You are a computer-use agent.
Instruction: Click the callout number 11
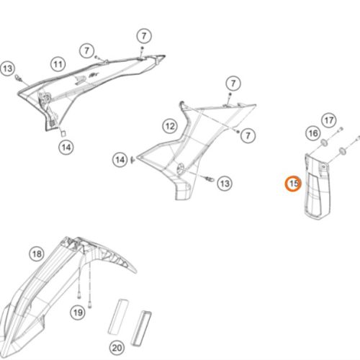pyautogui.click(x=58, y=64)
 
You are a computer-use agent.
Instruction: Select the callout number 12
pyautogui.click(x=170, y=126)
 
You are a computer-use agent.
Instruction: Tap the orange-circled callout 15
pyautogui.click(x=293, y=184)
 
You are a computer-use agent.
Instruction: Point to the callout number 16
pyautogui.click(x=313, y=133)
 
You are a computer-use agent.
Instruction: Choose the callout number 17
pyautogui.click(x=329, y=120)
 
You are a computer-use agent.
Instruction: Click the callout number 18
pyautogui.click(x=37, y=254)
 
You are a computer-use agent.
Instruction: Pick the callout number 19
pyautogui.click(x=78, y=312)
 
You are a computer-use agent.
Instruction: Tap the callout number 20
pyautogui.click(x=117, y=348)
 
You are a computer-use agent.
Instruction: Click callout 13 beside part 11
pyautogui.click(x=7, y=68)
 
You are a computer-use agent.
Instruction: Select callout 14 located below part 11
pyautogui.click(x=66, y=147)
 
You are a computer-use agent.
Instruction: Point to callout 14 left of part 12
pyautogui.click(x=120, y=160)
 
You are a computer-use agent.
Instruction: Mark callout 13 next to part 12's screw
pyautogui.click(x=225, y=184)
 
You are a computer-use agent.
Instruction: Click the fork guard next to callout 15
pyautogui.click(x=318, y=186)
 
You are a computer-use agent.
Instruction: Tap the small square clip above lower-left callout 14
pyautogui.click(x=63, y=133)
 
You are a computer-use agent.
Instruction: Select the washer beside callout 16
pyautogui.click(x=325, y=143)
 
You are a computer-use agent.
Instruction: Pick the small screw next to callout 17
pyautogui.click(x=341, y=130)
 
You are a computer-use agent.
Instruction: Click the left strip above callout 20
pyautogui.click(x=118, y=316)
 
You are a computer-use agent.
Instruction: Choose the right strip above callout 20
pyautogui.click(x=141, y=328)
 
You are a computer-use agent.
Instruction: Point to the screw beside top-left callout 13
pyautogui.click(x=18, y=78)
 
